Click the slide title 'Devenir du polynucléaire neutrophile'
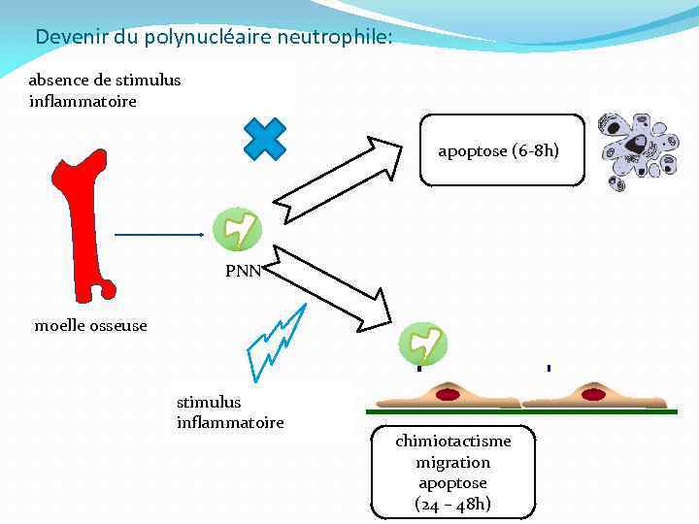[214, 38]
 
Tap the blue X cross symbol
[265, 139]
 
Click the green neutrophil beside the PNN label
[237, 229]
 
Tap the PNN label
[243, 272]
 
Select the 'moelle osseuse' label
[91, 326]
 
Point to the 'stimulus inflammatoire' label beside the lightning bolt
[230, 411]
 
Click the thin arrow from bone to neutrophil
[160, 235]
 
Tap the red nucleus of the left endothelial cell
[448, 395]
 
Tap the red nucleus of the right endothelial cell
[592, 395]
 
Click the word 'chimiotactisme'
[452, 442]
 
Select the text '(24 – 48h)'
[452, 504]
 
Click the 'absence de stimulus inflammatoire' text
[105, 90]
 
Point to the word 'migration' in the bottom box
[452, 463]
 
